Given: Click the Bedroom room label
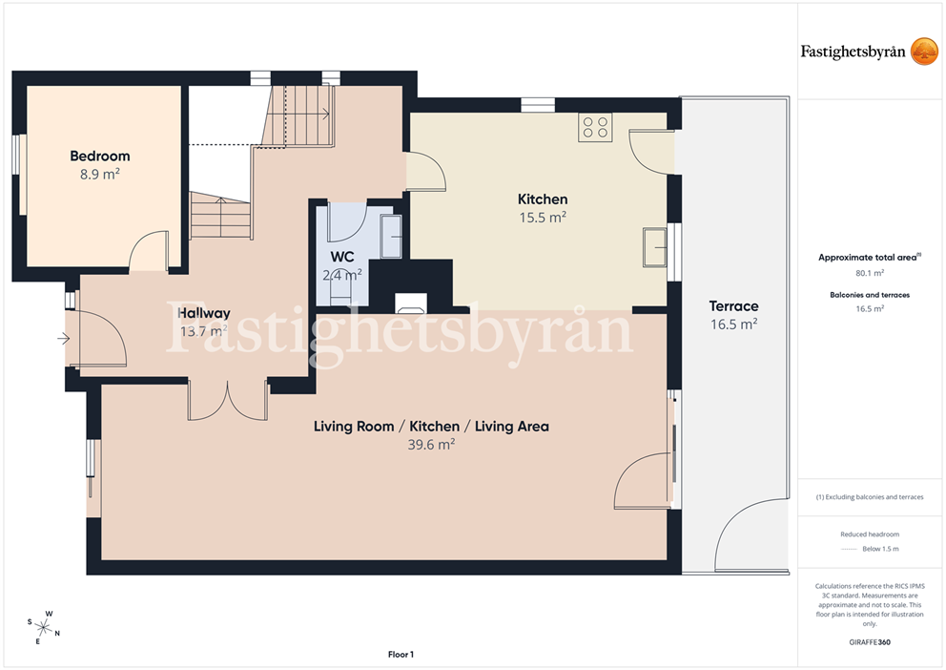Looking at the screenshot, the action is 99,157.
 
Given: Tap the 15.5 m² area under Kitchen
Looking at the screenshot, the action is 543,218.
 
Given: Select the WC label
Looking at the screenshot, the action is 342,257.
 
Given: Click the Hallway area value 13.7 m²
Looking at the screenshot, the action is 203,331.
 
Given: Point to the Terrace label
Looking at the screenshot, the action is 733,306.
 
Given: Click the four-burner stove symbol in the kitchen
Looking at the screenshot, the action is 595,127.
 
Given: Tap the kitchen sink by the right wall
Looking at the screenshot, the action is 654,247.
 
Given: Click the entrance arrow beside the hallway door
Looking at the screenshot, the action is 63,339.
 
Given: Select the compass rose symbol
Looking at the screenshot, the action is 44,628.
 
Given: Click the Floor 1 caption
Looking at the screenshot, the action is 401,655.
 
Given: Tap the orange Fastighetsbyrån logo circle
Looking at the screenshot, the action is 924,52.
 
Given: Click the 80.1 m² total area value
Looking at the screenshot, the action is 870,273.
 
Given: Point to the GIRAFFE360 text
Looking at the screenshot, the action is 870,642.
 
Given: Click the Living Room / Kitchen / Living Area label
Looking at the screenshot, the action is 431,427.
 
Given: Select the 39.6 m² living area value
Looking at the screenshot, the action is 431,445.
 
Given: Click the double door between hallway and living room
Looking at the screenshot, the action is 228,400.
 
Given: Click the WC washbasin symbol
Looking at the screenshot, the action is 392,236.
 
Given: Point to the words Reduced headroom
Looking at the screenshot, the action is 870,534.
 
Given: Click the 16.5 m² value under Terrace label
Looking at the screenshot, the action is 733,325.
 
